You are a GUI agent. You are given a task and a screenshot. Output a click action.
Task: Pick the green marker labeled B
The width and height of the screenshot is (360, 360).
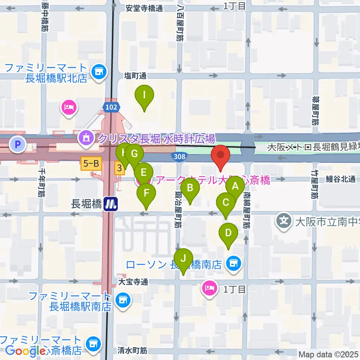(190, 188)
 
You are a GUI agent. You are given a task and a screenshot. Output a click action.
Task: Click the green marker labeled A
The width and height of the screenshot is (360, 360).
(235, 186)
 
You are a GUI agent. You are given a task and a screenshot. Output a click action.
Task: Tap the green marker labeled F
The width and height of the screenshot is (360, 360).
(146, 194)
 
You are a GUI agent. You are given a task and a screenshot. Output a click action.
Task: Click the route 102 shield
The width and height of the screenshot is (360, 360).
(111, 107)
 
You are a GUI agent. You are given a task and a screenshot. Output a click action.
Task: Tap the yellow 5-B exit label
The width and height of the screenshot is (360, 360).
(91, 163)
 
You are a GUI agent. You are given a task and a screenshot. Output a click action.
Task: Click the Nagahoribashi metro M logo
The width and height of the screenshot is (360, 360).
(111, 204)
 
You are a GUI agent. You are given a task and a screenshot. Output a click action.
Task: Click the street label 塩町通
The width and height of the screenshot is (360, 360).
(135, 76)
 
